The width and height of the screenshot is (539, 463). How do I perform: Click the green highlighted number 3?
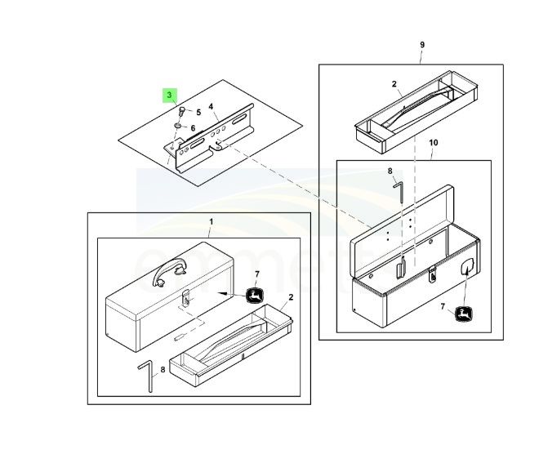point(170,95)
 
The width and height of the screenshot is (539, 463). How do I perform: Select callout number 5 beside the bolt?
point(198,112)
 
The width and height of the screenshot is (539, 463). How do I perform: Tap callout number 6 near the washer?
point(193,127)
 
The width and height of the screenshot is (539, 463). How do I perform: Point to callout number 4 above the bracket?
point(211,106)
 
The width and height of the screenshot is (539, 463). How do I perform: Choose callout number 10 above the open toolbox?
point(434,142)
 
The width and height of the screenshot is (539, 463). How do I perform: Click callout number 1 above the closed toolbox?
point(211,221)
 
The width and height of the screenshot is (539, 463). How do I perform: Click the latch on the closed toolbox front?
point(186,300)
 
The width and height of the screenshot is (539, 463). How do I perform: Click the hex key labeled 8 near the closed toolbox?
point(148,373)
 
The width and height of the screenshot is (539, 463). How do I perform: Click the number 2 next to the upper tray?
point(394,84)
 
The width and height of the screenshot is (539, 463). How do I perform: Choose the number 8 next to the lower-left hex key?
point(163,369)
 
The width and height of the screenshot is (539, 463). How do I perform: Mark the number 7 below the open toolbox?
point(442,307)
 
